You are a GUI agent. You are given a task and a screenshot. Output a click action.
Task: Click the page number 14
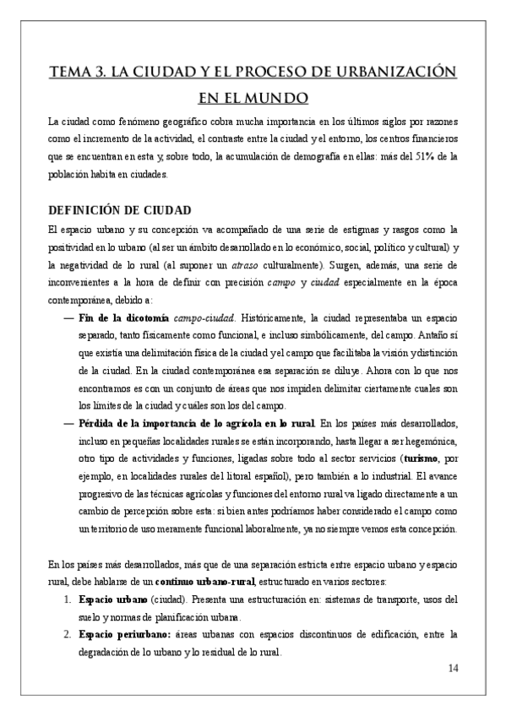[452, 669]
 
